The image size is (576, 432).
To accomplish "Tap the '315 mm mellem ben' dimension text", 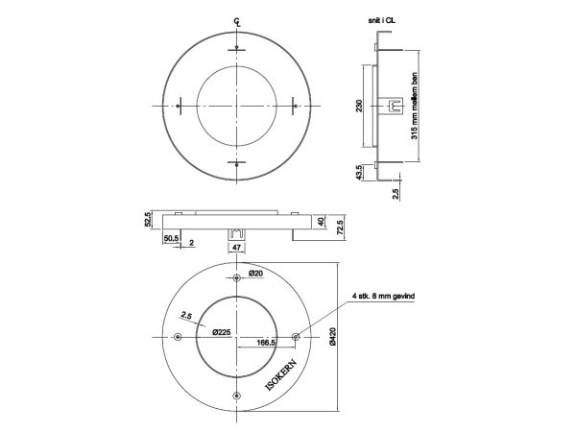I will tap(414, 105).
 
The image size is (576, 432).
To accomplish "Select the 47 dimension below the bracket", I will tap(236, 247).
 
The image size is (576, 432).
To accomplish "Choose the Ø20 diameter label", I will tap(255, 274).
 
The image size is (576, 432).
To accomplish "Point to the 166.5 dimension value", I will tap(266, 341).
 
